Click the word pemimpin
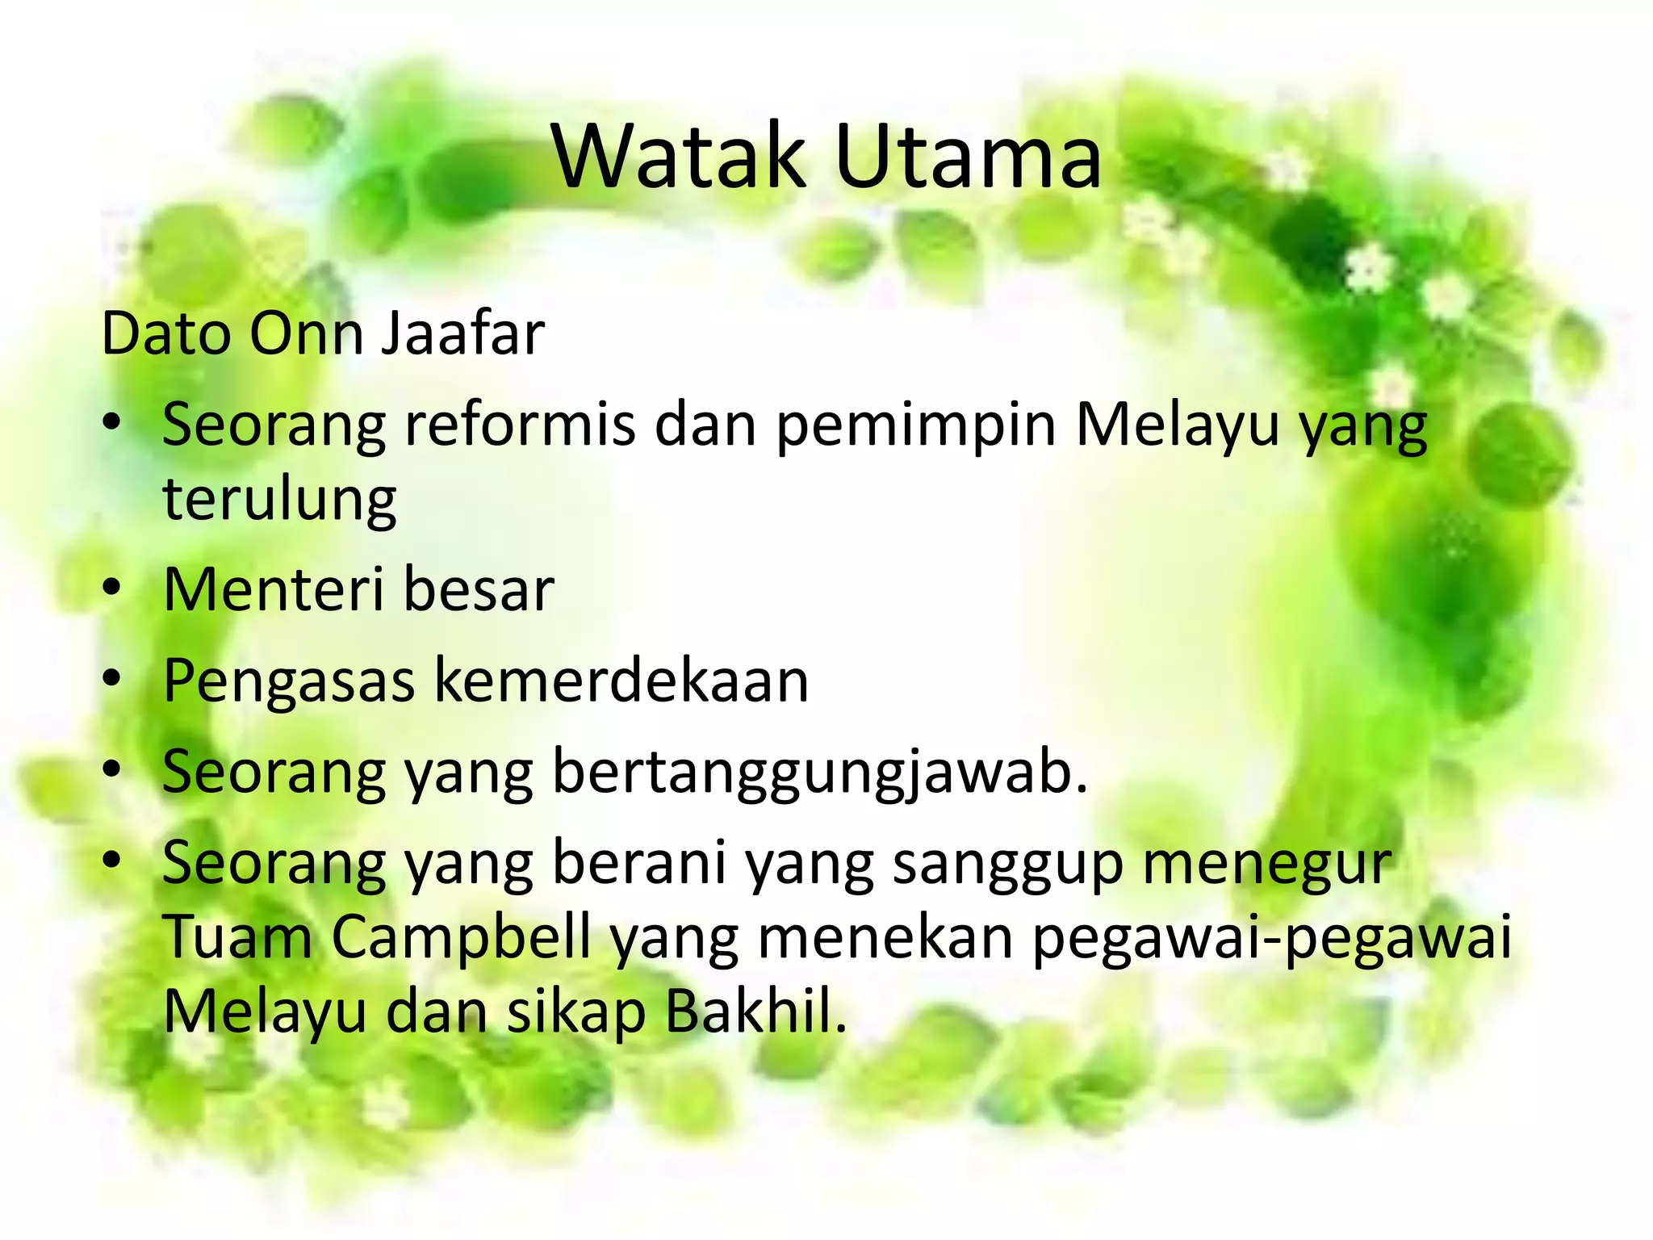pos(916,425)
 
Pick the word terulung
pos(279,500)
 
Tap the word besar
pos(479,589)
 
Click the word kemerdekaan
pos(621,681)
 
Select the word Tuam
pos(237,937)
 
